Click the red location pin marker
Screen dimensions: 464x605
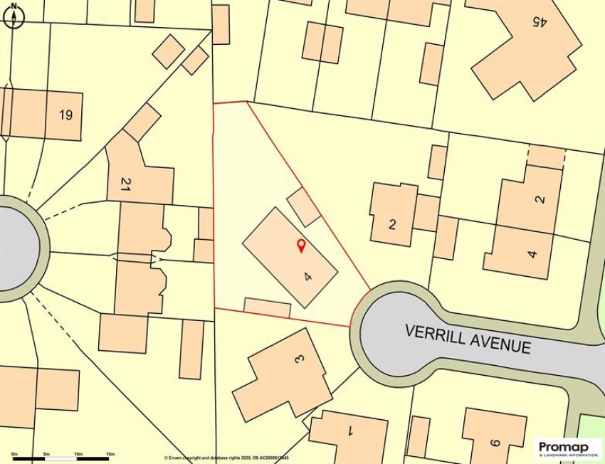tap(300, 246)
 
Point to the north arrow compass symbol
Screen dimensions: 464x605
tap(13, 16)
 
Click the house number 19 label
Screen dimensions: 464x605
tap(66, 115)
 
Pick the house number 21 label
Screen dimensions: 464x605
tap(126, 185)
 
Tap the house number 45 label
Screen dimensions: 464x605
tap(539, 21)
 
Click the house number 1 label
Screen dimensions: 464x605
tap(349, 430)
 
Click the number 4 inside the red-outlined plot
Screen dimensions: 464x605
tap(307, 276)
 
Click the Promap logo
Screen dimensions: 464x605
tap(564, 447)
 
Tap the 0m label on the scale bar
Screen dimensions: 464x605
tap(14, 453)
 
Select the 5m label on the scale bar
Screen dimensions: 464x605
tap(46, 453)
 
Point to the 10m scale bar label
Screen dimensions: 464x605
tap(78, 453)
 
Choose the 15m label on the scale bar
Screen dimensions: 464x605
tap(110, 453)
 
